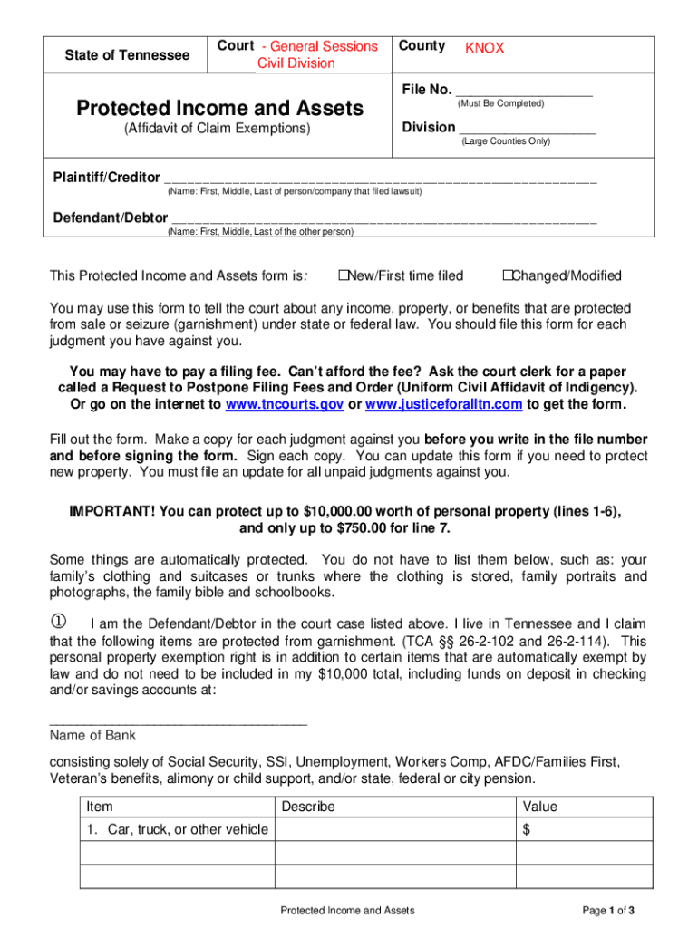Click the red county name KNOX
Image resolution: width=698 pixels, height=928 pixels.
484,48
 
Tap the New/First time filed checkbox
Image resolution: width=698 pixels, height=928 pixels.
344,275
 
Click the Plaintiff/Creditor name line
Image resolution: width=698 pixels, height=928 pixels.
381,179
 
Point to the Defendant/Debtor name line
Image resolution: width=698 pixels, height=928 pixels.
384,219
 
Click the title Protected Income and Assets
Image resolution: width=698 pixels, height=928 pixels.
219,109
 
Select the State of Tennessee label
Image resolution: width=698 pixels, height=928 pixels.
127,55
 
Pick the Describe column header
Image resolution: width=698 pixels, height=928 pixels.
308,807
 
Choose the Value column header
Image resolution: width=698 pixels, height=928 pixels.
540,807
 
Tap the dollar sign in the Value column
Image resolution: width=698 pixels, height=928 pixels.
527,829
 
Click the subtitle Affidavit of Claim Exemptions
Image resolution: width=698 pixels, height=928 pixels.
217,129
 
